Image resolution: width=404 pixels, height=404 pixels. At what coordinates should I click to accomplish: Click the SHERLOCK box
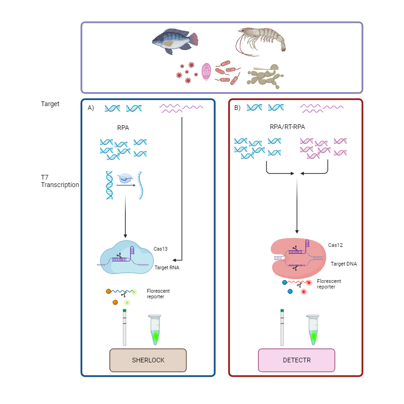click(x=148, y=360)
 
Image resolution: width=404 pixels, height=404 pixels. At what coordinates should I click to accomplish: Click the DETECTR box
click(x=296, y=360)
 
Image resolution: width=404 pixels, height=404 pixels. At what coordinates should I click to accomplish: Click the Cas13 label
click(x=160, y=249)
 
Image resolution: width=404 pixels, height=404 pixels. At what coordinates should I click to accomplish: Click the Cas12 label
click(x=335, y=245)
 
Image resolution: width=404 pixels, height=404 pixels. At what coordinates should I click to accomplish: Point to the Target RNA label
click(x=167, y=268)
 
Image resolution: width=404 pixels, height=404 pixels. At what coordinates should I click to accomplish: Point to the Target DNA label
click(x=344, y=264)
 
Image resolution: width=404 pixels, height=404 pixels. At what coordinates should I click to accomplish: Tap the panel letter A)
click(x=91, y=108)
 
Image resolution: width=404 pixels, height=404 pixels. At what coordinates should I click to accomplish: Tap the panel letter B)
click(x=237, y=108)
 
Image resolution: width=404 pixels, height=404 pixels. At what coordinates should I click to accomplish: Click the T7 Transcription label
click(x=59, y=181)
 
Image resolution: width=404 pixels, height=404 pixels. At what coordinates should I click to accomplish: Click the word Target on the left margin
click(x=50, y=104)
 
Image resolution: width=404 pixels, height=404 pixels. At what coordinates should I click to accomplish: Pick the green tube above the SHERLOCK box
click(x=155, y=331)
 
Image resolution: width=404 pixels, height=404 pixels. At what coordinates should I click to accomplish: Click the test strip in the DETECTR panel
click(x=282, y=327)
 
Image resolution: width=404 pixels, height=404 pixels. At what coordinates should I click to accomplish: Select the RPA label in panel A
click(x=123, y=127)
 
